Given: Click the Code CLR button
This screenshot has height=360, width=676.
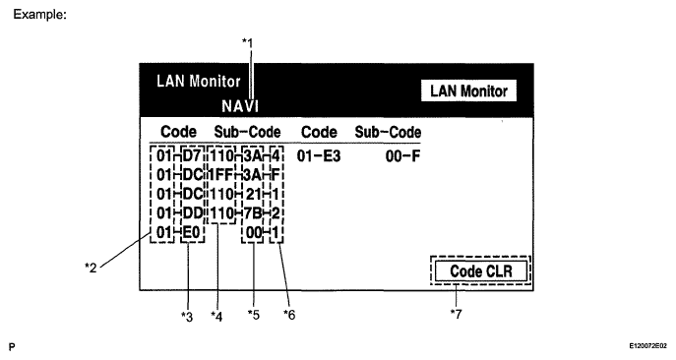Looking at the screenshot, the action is click(x=481, y=271).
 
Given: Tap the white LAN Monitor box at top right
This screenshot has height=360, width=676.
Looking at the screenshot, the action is click(x=468, y=90).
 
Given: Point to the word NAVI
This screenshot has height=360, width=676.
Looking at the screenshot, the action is click(x=240, y=106).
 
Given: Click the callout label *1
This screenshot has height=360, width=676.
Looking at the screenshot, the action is click(x=247, y=42).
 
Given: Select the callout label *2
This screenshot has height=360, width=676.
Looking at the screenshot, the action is click(x=91, y=268).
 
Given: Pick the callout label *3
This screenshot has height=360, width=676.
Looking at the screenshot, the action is click(x=187, y=317).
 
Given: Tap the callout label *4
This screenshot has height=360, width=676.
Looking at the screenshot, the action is click(x=216, y=317).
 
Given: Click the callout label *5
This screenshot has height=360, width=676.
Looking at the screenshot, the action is click(x=254, y=315).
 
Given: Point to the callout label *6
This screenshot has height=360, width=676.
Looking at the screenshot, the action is click(x=289, y=315).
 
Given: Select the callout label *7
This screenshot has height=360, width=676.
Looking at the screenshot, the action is click(x=456, y=314).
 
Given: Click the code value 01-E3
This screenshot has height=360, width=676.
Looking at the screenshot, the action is click(x=319, y=156).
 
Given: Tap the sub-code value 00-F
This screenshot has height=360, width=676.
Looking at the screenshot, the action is click(x=402, y=156).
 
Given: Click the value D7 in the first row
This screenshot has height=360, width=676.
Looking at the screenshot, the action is click(x=192, y=156).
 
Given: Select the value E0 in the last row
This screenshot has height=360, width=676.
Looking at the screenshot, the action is click(x=192, y=232).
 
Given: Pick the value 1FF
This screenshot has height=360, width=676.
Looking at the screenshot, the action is click(x=221, y=175).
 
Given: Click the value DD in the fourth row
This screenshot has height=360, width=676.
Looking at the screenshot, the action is click(x=193, y=213).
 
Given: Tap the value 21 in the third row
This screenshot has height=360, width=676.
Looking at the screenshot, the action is click(x=254, y=194).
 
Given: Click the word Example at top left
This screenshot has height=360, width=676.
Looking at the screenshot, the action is click(x=39, y=14).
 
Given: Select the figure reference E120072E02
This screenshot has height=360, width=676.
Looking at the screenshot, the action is click(x=647, y=346).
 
